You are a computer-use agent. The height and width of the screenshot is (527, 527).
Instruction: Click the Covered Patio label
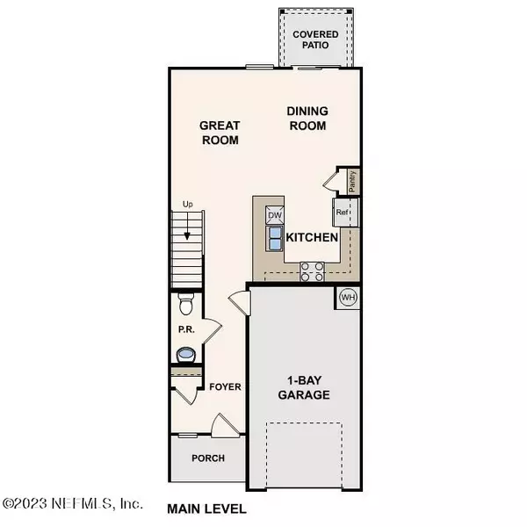click(316, 40)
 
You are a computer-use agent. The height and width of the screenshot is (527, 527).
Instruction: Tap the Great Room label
click(220, 132)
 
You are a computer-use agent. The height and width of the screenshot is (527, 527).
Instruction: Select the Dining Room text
click(307, 118)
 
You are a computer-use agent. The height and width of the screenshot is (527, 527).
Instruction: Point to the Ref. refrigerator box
click(343, 212)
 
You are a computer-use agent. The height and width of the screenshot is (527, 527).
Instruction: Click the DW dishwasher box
click(274, 214)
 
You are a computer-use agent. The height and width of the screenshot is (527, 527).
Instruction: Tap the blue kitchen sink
click(274, 238)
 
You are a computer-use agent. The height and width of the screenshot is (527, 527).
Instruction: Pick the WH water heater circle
click(348, 297)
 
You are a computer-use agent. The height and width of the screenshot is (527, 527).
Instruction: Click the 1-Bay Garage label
click(307, 388)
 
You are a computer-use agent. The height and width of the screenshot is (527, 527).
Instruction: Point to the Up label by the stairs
click(187, 205)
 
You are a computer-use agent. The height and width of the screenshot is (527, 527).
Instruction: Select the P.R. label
click(184, 331)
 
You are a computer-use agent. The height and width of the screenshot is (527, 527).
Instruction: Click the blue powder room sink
click(184, 356)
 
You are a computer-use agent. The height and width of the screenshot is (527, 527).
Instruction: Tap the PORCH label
click(208, 458)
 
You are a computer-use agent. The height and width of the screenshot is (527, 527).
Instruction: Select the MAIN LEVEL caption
click(206, 509)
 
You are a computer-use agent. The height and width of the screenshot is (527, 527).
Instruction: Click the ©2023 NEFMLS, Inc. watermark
click(72, 504)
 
